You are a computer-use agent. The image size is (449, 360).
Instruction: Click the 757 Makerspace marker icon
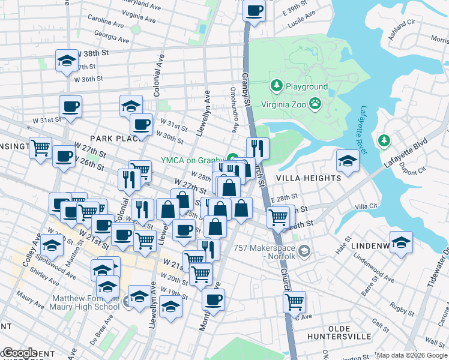(x=305, y=250)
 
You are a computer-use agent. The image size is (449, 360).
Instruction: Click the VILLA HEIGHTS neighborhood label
(x=308, y=178)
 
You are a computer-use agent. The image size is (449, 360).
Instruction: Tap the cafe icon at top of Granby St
(x=255, y=10)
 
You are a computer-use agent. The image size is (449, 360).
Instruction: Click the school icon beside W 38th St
(x=67, y=60)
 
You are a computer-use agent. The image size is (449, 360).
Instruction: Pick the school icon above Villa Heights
(x=348, y=160)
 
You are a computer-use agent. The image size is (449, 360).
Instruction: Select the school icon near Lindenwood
(x=401, y=242)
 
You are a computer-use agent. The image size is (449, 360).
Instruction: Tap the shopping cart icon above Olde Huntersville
(x=294, y=302)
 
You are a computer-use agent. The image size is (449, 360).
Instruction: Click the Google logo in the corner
(x=19, y=353)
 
